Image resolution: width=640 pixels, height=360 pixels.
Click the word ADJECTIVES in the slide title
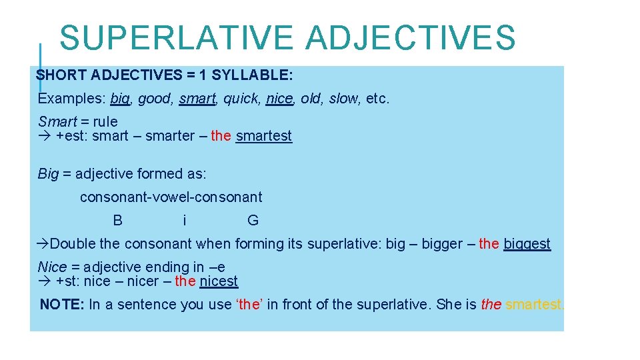411,38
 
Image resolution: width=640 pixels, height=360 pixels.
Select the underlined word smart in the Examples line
197,99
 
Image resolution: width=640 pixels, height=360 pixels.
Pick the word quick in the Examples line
241,99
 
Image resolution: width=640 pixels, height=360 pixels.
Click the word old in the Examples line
311,99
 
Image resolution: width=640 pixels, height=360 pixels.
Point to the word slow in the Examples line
343,99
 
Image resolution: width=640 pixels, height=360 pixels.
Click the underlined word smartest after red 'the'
264,136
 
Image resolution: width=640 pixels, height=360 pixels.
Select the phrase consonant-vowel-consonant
171,197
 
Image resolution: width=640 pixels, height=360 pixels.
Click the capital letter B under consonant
118,221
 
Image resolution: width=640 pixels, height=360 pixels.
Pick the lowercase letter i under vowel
185,221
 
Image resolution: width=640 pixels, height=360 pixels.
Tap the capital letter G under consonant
253,221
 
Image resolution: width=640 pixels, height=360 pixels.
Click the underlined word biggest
527,244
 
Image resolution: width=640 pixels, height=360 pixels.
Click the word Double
73,244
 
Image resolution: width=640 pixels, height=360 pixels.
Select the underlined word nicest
219,281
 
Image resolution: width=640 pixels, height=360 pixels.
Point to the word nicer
143,281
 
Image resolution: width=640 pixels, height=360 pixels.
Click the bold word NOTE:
62,305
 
